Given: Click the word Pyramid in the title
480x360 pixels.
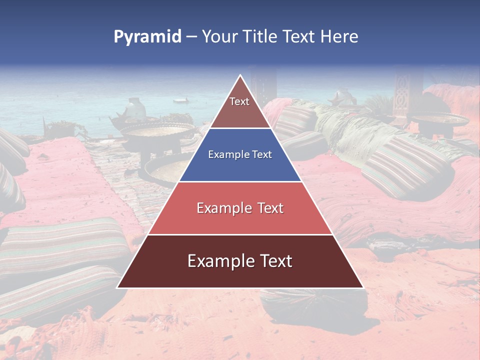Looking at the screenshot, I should pyautogui.click(x=147, y=36).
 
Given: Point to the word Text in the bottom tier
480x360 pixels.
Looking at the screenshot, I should pyautogui.click(x=272, y=261).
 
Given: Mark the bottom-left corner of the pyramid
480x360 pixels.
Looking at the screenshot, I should pyautogui.click(x=117, y=287).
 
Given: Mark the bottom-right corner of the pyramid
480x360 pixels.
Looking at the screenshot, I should pyautogui.click(x=363, y=287).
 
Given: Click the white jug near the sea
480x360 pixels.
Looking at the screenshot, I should pyautogui.click(x=134, y=108).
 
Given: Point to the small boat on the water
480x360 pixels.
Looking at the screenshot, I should pyautogui.click(x=180, y=100).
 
